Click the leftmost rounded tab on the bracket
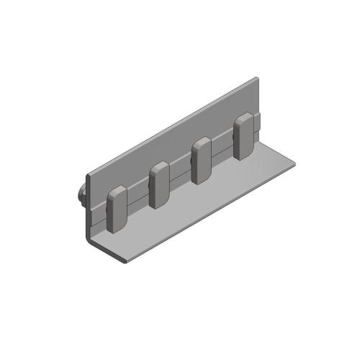click(117, 210)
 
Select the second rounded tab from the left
click(158, 185)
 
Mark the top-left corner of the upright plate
click(89, 174)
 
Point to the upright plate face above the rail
click(173, 148)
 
